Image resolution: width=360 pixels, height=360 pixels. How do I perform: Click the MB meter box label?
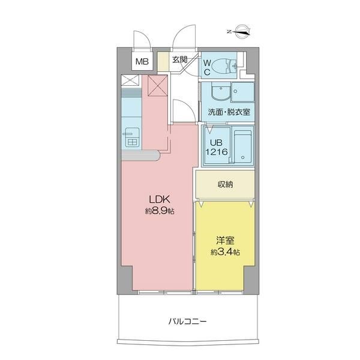click(x=142, y=61)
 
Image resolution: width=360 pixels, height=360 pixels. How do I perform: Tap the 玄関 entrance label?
click(x=180, y=59)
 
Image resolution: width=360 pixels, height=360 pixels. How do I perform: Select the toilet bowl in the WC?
click(x=223, y=66)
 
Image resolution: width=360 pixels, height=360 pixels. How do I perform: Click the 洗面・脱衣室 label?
click(x=229, y=112)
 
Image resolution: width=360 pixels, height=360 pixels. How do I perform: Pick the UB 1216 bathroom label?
click(x=216, y=147)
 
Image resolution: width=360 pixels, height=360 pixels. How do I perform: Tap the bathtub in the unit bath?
click(x=243, y=146)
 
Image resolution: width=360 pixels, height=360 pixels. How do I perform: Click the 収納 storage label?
click(x=225, y=184)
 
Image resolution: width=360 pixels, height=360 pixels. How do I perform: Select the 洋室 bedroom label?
click(x=225, y=241)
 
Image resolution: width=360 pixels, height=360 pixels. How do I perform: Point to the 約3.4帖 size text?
click(x=225, y=253)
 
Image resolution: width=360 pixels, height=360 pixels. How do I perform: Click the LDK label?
click(x=160, y=199)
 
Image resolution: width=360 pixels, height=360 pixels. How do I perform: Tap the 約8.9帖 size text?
click(x=160, y=211)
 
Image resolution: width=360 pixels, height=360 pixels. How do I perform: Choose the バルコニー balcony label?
click(x=188, y=321)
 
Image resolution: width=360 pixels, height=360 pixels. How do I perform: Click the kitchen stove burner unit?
click(x=131, y=137)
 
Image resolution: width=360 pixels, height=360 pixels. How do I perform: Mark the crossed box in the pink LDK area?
click(x=157, y=86)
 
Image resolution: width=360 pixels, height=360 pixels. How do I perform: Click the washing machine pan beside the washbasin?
click(x=242, y=92)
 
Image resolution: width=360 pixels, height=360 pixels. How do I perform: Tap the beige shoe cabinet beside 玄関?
click(x=163, y=62)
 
